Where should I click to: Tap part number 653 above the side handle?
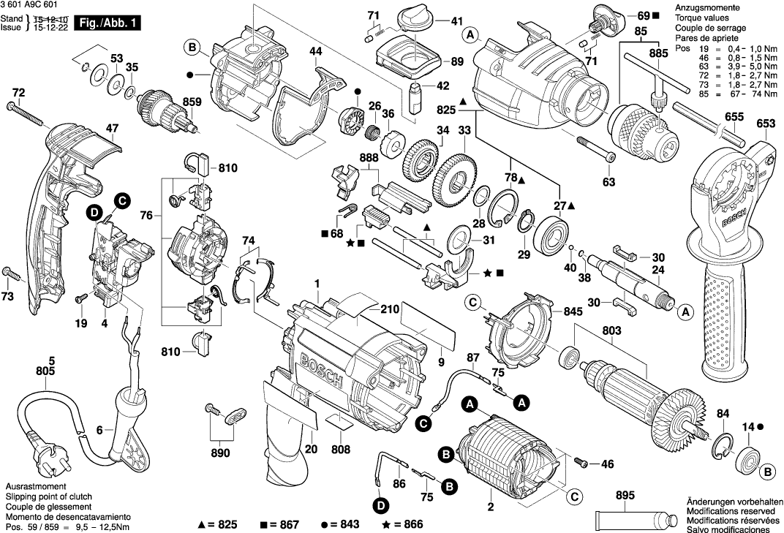pos(765,124)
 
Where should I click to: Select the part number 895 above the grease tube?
pos(625,496)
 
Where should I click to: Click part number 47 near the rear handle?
pos(112,129)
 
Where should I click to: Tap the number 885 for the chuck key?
pos(658,53)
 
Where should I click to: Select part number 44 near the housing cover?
pos(315,51)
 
